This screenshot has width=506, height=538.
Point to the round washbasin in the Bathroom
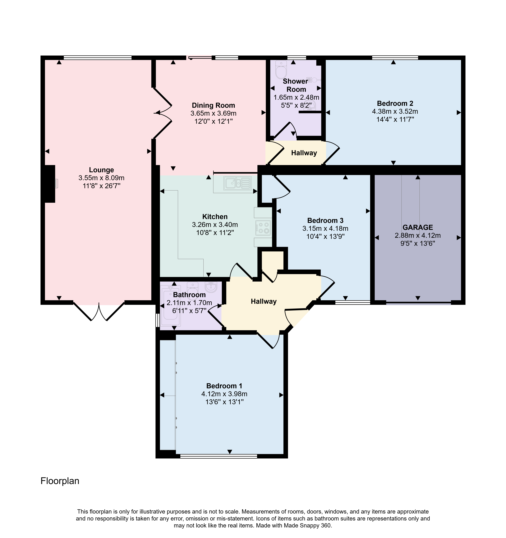(x=211, y=287)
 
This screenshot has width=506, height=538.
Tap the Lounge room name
(x=101, y=170)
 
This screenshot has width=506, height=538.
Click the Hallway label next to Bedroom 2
(x=304, y=153)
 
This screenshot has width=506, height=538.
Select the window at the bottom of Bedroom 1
(x=218, y=456)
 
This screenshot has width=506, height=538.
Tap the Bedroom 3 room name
(x=325, y=221)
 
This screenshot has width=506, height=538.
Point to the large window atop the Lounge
(x=98, y=57)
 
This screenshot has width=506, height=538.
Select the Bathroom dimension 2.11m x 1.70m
(x=189, y=303)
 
